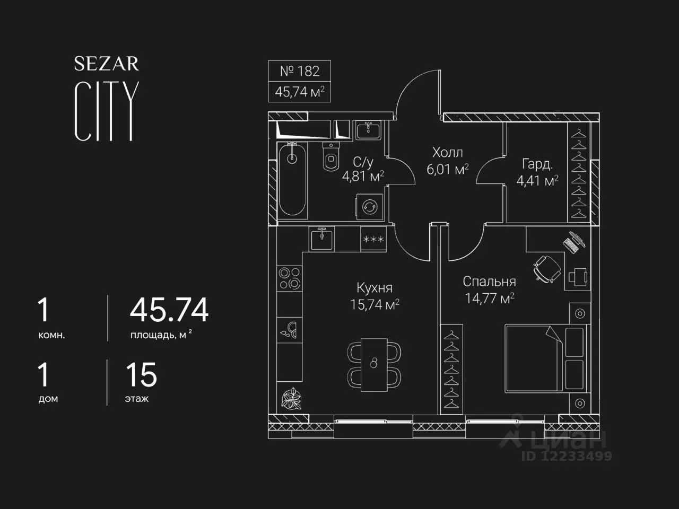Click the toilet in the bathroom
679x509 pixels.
[330, 156]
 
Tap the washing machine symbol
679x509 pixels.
[369, 207]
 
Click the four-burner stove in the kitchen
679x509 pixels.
[289, 278]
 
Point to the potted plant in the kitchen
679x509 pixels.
[291, 399]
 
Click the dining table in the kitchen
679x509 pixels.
[374, 365]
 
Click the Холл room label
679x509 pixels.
[447, 153]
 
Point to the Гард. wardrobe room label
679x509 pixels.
[537, 164]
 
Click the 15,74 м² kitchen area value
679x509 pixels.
[375, 305]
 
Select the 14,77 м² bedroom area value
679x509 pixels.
[490, 298]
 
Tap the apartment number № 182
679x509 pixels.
[299, 71]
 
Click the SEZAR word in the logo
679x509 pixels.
[107, 64]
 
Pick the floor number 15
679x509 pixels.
[141, 375]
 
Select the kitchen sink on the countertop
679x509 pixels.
[321, 239]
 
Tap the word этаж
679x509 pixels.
[137, 399]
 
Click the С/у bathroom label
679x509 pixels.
[363, 162]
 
